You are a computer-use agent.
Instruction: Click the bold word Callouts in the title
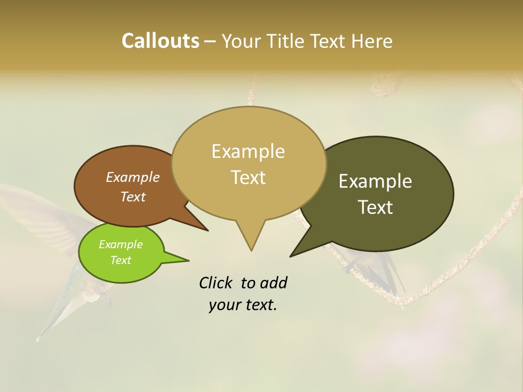click(160, 41)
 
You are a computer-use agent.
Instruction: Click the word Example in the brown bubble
click(132, 177)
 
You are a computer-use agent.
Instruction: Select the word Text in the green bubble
click(120, 260)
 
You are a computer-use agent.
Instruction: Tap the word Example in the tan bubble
click(248, 151)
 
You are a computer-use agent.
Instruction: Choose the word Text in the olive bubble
click(375, 207)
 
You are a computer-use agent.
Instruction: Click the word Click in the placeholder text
click(216, 283)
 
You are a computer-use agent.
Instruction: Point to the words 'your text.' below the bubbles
click(243, 305)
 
